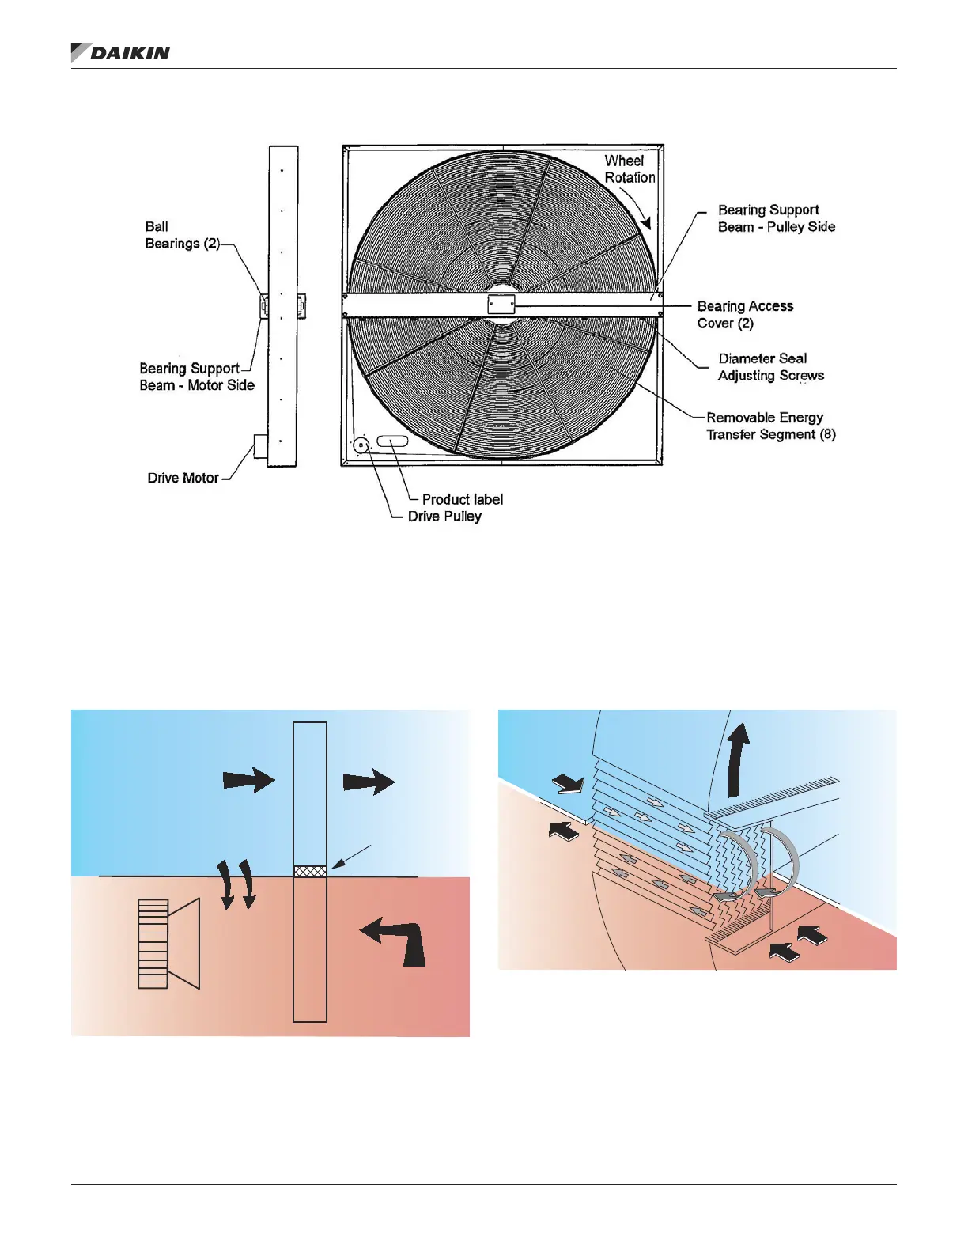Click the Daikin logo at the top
[120, 53]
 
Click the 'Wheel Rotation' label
[630, 169]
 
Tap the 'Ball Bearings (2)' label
[182, 235]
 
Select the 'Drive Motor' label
[183, 478]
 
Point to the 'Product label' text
[462, 499]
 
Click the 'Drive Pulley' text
[444, 517]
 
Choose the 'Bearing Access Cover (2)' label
[744, 314]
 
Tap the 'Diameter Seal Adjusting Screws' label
[770, 367]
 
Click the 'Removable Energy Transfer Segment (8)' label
[770, 426]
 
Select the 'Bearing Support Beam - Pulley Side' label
[776, 218]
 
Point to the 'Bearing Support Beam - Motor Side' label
[197, 377]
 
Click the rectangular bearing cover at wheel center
[501, 305]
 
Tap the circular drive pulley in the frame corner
[361, 445]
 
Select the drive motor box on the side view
[261, 446]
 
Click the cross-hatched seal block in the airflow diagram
[310, 871]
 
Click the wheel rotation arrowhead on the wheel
[645, 222]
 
